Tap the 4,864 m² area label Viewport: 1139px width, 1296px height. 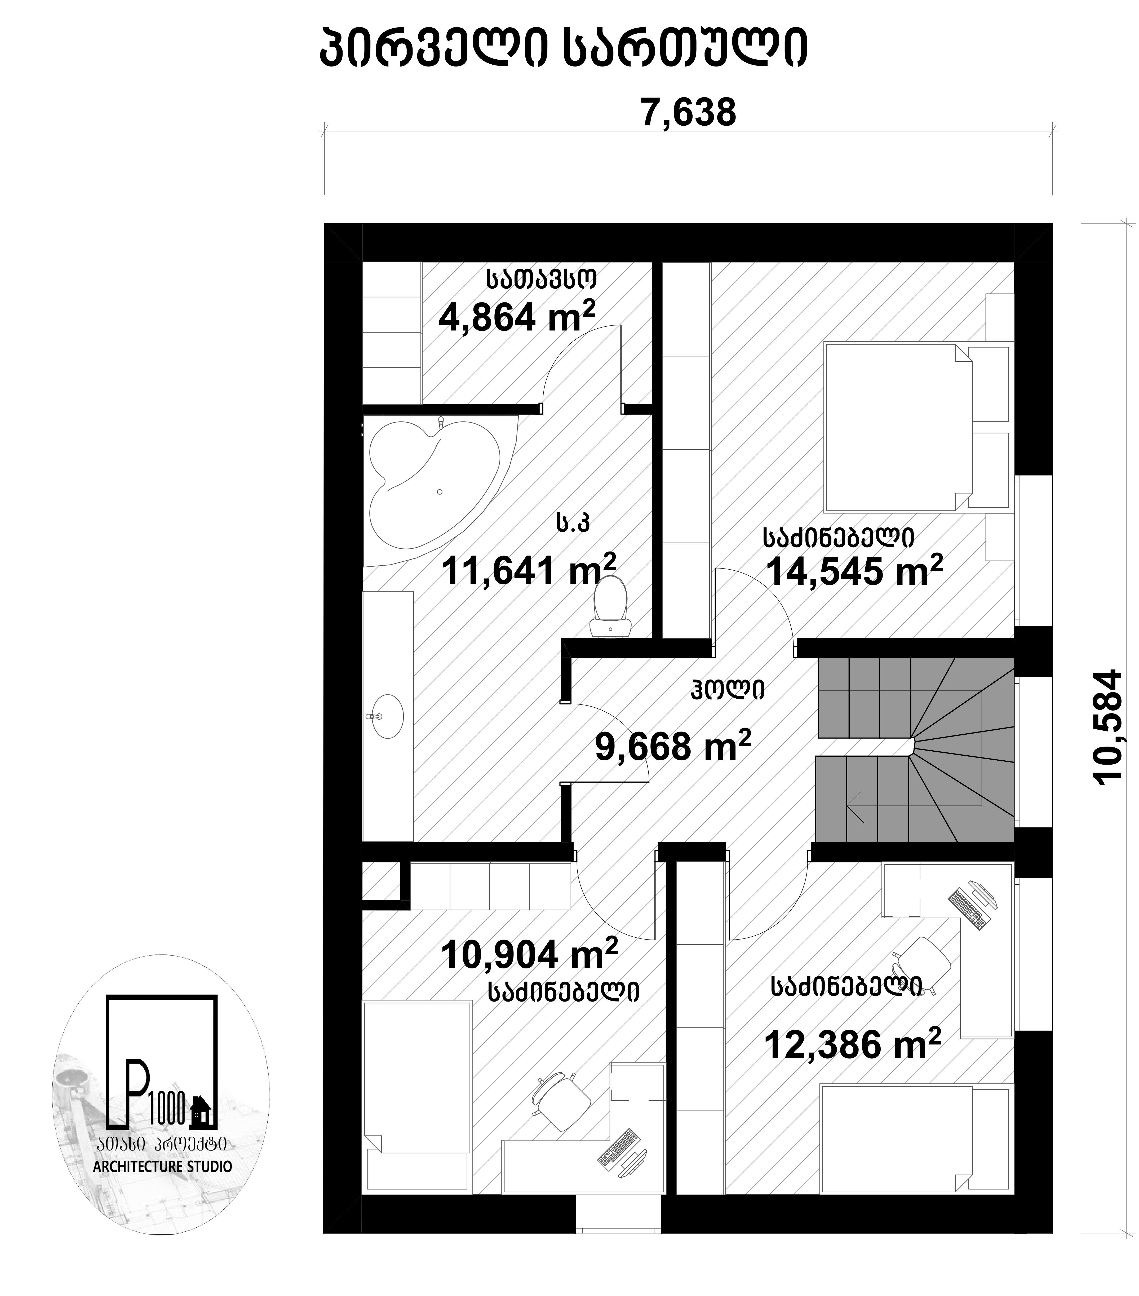pyautogui.click(x=517, y=316)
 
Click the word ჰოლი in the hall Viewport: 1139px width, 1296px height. pyautogui.click(x=728, y=689)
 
